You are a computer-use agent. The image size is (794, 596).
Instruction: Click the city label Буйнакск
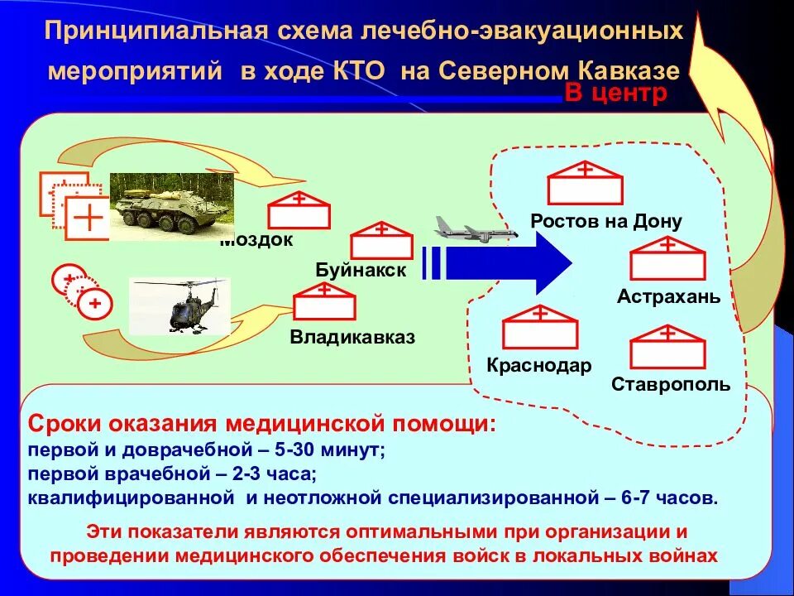(361, 270)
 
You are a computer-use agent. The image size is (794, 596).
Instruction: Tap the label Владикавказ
(352, 337)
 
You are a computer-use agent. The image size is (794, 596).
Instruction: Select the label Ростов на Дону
(606, 221)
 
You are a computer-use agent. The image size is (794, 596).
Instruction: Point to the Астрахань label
(668, 296)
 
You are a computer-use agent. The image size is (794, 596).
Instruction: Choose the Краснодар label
(539, 365)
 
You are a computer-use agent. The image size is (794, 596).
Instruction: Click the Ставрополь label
(671, 384)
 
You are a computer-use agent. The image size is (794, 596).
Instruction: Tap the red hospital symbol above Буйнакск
(381, 240)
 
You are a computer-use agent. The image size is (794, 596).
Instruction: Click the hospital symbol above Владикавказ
(324, 302)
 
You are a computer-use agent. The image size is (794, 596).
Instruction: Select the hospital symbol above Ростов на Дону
(585, 183)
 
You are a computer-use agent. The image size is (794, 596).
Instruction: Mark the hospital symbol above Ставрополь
(668, 347)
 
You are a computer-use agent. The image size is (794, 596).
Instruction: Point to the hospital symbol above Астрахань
(667, 258)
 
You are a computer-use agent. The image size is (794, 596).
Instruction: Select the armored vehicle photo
(171, 206)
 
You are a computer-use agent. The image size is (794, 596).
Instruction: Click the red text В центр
(615, 94)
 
